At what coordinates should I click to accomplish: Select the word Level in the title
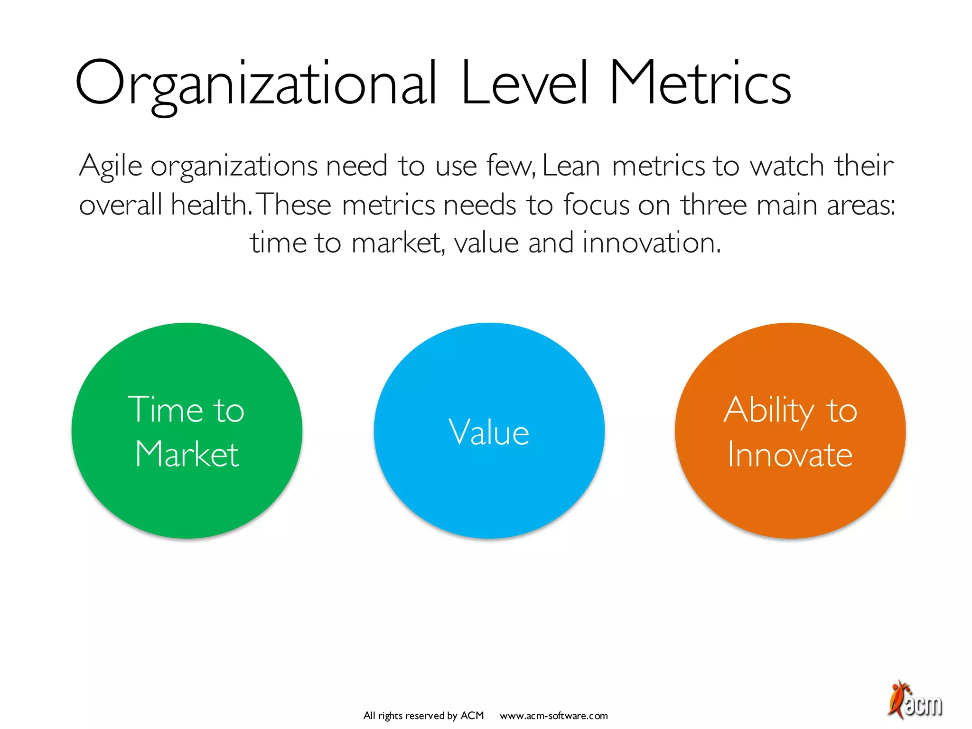tap(524, 83)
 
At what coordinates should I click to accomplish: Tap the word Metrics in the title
tap(701, 83)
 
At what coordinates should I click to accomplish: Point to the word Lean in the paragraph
tap(571, 166)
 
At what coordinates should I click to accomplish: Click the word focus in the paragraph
tap(596, 205)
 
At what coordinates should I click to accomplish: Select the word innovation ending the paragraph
tap(651, 243)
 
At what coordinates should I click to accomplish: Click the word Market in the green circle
tap(187, 454)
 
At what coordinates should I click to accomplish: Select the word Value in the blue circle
tap(489, 432)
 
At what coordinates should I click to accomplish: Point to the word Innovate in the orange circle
tap(790, 455)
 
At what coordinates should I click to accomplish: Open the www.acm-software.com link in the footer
tap(553, 716)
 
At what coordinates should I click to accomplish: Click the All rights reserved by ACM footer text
tap(423, 716)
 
